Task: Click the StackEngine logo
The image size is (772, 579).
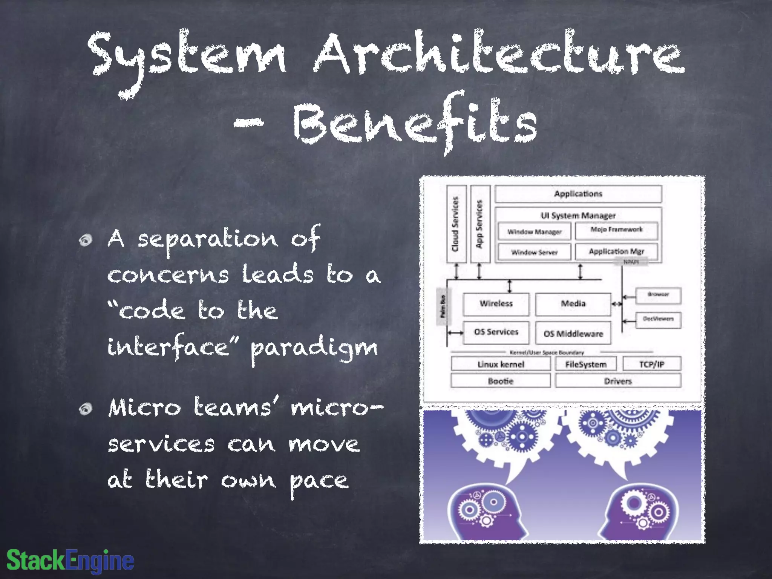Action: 70,560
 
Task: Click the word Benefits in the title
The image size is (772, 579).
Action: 415,123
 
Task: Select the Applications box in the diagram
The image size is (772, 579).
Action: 578,194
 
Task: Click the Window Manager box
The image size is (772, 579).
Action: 534,231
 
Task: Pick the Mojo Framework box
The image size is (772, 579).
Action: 616,230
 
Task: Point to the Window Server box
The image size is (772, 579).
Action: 534,252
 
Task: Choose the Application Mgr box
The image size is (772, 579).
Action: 616,251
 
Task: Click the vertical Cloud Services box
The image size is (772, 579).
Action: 456,224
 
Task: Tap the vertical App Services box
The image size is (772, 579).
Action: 480,224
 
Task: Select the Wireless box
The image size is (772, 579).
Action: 496,304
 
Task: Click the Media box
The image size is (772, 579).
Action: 573,304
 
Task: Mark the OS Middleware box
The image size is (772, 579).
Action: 573,333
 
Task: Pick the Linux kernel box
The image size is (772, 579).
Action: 501,364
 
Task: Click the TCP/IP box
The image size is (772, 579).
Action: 652,364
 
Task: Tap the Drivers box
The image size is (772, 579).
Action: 618,381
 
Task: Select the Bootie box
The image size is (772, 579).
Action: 501,381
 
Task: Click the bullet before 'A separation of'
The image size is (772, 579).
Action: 86,240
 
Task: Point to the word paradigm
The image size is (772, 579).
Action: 314,348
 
